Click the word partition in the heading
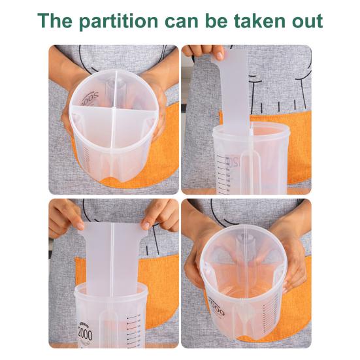coord(117,21)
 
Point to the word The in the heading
coord(54,21)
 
